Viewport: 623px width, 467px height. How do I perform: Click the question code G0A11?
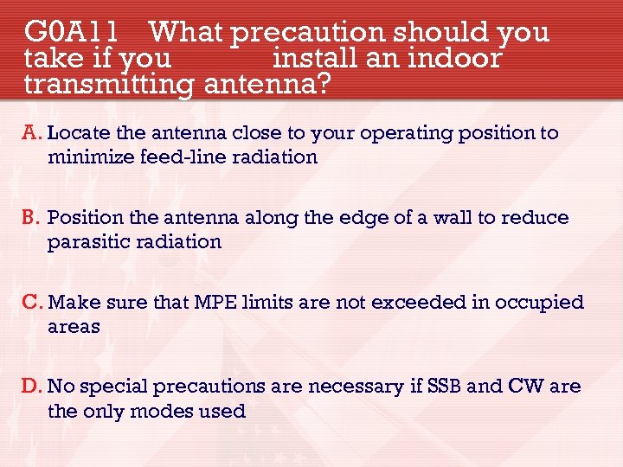point(72,32)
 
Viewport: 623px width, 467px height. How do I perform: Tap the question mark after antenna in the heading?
point(323,85)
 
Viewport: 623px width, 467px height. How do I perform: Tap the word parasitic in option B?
point(86,241)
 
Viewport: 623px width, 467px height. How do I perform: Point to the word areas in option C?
point(74,327)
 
